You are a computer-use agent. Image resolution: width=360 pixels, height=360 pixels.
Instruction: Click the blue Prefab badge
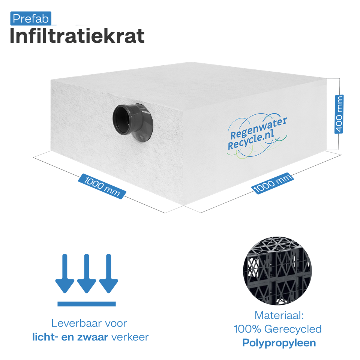pos(31,18)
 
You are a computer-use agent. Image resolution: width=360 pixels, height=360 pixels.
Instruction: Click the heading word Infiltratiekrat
pos(77,36)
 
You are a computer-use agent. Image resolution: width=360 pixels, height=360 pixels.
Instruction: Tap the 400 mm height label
pos(339,114)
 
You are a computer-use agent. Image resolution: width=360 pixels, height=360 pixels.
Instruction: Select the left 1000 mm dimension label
pos(102,186)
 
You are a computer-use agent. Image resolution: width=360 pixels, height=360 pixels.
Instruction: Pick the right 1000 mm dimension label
pos(273,183)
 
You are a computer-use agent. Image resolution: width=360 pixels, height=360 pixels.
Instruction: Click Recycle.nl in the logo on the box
pos(251,140)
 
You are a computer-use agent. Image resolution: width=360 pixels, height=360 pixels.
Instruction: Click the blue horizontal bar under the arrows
pos(87,304)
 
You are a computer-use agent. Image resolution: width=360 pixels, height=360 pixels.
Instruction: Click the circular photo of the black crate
pos(277,271)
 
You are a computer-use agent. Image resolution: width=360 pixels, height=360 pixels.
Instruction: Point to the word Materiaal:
pos(279,315)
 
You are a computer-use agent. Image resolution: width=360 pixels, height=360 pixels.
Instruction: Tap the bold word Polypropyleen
pos(279,343)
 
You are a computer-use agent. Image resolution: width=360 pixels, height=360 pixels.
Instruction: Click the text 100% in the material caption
pos(247,329)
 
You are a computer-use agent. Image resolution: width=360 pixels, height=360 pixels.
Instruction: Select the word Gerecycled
pos(293,329)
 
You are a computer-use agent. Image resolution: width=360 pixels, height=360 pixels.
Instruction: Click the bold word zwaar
pos(93,337)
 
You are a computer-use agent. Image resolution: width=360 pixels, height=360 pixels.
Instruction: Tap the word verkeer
pos(130,337)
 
